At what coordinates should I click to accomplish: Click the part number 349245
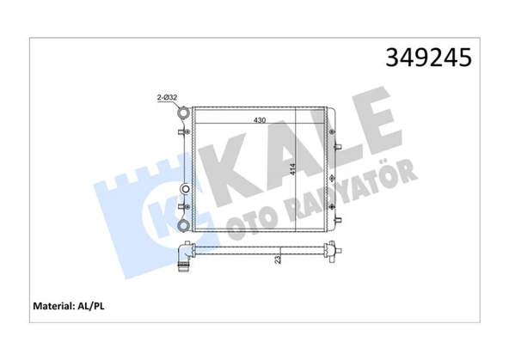[x=428, y=58]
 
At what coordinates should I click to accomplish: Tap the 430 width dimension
[x=260, y=120]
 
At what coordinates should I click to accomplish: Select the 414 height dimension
[x=293, y=169]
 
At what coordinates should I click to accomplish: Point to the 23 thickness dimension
[x=278, y=259]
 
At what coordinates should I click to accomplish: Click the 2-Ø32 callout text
[x=167, y=97]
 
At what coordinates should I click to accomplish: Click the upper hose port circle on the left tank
[x=183, y=113]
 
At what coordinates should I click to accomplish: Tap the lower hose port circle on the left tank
[x=183, y=225]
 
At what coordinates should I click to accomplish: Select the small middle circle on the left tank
[x=186, y=189]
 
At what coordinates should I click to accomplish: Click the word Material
[x=54, y=306]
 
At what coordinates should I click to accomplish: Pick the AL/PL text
[x=91, y=306]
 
